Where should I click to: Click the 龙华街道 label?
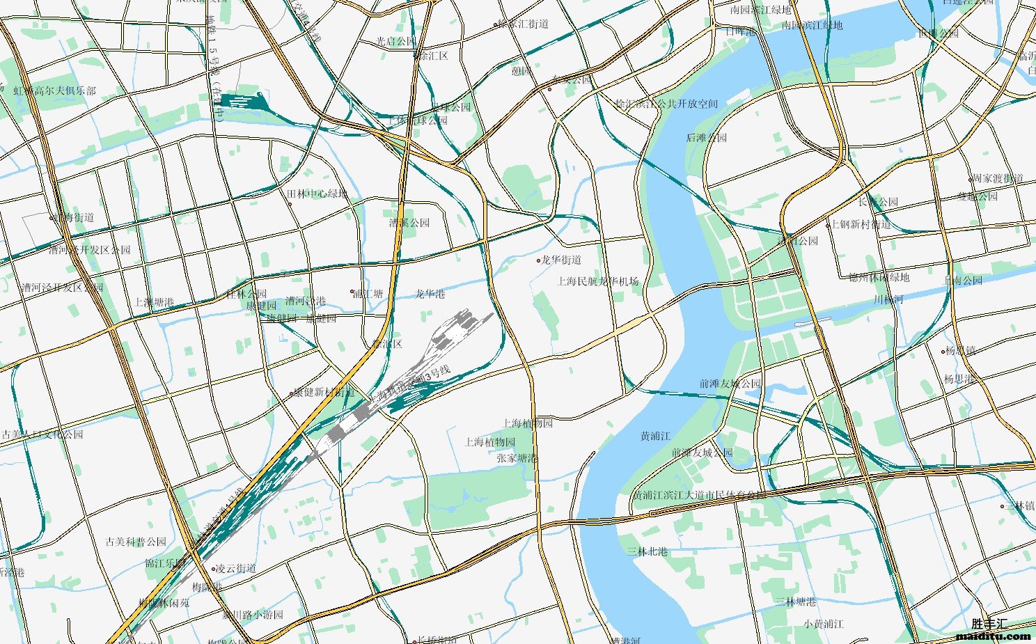coord(561,260)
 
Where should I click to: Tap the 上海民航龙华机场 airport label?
coord(598,281)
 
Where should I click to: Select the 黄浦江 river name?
coord(655,437)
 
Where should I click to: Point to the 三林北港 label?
coord(647,551)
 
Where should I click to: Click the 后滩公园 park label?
coord(706,138)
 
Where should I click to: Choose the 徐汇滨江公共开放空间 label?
coord(666,104)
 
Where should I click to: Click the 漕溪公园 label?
coord(409,223)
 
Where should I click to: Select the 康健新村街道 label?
coord(324,393)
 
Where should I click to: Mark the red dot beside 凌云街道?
coord(214,569)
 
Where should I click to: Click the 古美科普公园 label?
coord(136,542)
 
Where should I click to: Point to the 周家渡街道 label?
coord(998,179)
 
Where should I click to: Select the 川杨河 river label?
coord(888,300)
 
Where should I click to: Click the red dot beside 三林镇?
coord(1003,506)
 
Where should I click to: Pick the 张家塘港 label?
coord(517,458)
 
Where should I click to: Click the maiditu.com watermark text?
coord(994,636)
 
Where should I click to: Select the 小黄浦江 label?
coord(823,624)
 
